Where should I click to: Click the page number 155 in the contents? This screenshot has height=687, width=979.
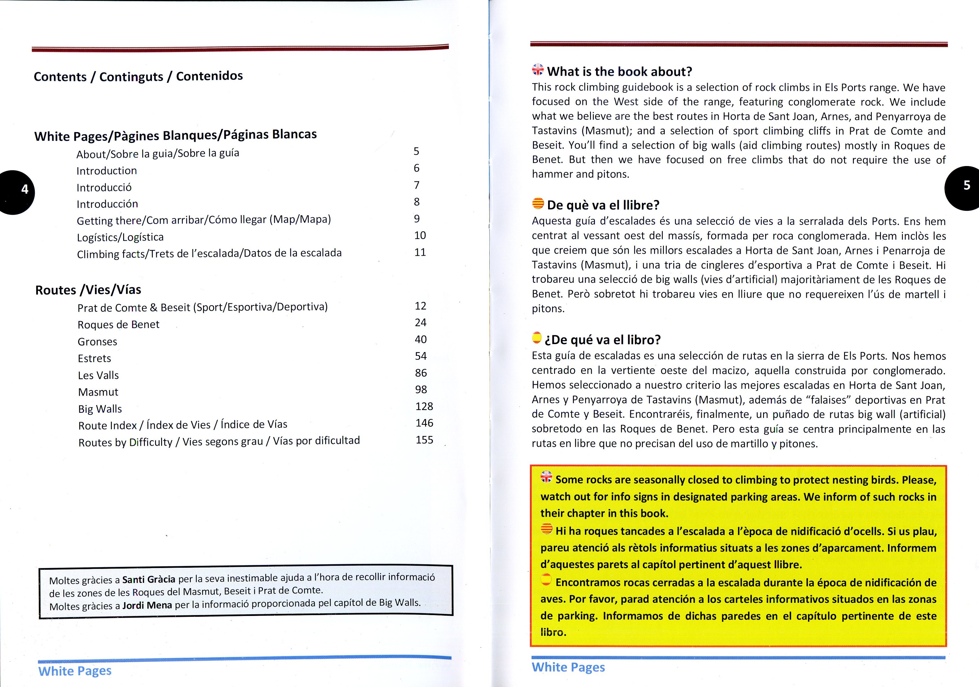tap(424, 440)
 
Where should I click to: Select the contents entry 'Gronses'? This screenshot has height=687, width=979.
tap(97, 342)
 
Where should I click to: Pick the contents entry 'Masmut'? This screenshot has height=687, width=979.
tap(98, 392)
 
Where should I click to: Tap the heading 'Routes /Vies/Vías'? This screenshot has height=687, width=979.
tap(88, 290)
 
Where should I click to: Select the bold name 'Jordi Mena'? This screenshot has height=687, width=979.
tap(147, 605)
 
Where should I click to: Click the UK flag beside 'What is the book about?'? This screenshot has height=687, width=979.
tap(538, 70)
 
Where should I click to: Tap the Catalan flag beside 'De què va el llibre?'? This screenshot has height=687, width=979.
tap(538, 203)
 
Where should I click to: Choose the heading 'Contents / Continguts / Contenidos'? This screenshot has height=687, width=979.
tap(138, 76)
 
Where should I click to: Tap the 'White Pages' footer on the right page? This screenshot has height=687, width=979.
tap(568, 667)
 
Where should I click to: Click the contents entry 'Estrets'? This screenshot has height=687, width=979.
tap(94, 358)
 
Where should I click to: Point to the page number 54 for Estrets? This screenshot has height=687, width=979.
tap(421, 356)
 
